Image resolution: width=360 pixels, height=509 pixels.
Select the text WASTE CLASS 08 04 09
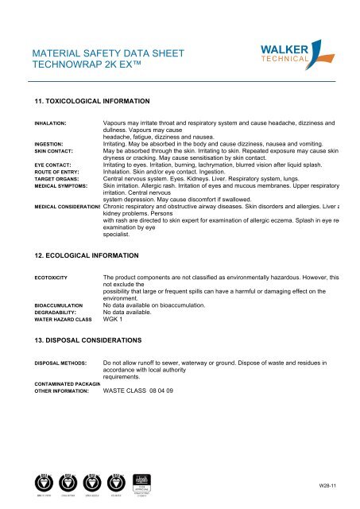pyautogui.click(x=137, y=390)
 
